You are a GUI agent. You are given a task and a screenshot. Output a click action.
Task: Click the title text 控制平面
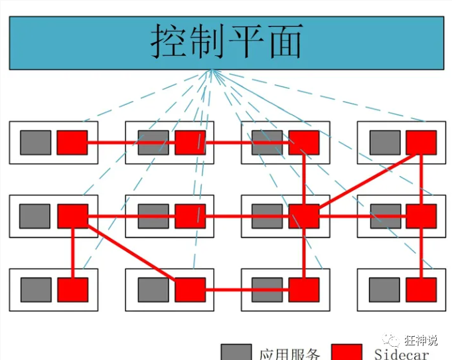point(226,41)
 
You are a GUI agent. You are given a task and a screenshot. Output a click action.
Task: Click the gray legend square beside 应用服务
point(236,352)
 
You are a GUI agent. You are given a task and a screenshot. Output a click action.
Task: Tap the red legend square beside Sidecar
point(346,352)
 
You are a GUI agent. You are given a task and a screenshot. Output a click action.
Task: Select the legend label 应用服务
point(290,354)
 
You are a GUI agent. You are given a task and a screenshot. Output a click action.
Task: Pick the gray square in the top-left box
point(35,142)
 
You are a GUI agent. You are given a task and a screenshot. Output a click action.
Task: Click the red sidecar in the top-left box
point(72,142)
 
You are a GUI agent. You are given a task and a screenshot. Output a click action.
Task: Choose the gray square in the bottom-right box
point(385,290)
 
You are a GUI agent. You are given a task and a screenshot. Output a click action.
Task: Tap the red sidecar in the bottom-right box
point(421,290)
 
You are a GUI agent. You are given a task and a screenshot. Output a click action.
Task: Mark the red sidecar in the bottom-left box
point(72,290)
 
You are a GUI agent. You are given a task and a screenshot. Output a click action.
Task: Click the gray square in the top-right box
point(385,142)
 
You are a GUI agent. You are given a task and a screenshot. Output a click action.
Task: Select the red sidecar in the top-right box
point(421,142)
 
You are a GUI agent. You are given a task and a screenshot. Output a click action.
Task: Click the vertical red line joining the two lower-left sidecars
point(72,253)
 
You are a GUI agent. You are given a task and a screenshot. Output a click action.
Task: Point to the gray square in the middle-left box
point(35,216)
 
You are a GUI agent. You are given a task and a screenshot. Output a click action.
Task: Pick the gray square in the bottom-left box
point(35,290)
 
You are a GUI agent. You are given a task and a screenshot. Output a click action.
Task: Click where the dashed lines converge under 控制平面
point(212,70)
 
